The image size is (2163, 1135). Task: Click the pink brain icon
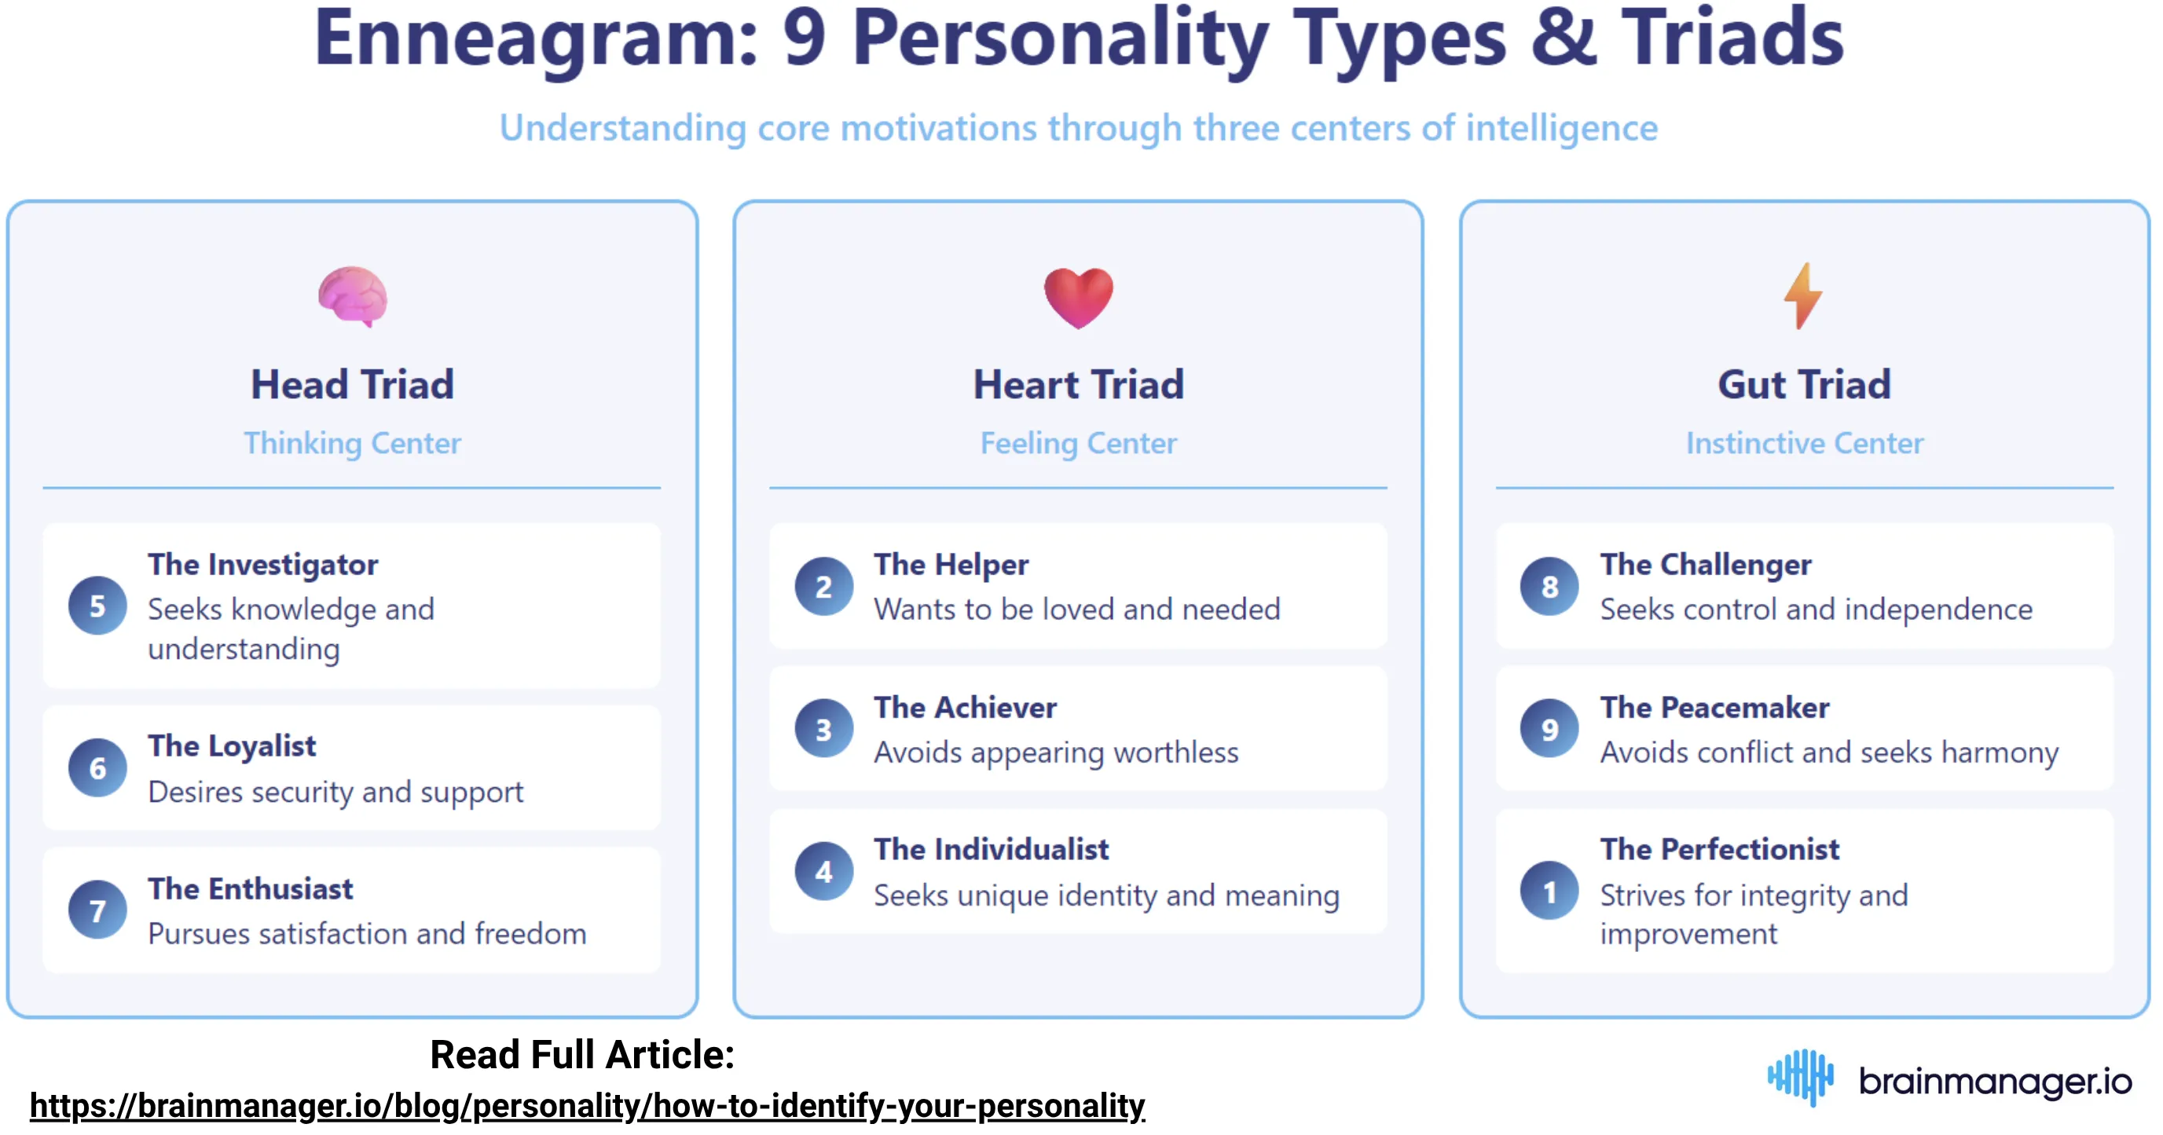click(353, 296)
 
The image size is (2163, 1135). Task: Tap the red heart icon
click(1078, 298)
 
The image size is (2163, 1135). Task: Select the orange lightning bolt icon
click(1803, 295)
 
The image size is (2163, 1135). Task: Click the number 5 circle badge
click(97, 606)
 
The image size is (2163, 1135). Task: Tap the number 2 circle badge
click(823, 586)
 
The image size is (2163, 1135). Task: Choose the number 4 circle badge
click(823, 871)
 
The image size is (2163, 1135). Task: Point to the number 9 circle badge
click(1549, 729)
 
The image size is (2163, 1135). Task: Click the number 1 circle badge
click(1549, 891)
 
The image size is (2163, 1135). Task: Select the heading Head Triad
click(353, 385)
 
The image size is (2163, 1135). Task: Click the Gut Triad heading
click(1804, 385)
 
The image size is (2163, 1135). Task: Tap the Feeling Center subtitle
click(1078, 443)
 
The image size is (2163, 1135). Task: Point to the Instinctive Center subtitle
click(1805, 443)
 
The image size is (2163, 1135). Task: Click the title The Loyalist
click(232, 746)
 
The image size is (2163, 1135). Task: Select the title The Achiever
click(965, 708)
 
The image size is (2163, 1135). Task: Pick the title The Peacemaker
click(1714, 708)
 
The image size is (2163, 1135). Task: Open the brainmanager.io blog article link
click(587, 1106)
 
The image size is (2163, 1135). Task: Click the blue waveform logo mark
click(1800, 1077)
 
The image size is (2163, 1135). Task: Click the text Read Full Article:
click(582, 1054)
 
